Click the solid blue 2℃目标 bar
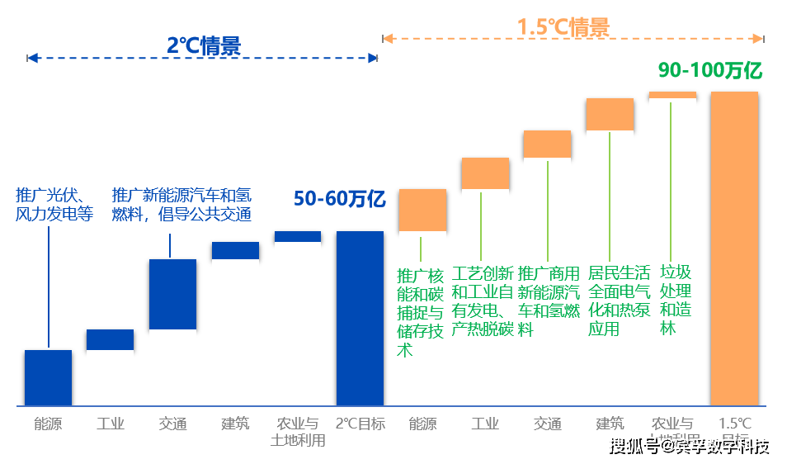pos(359,318)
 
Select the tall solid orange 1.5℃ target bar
pos(733,248)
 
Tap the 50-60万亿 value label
pos(339,199)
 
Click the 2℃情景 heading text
pos(203,46)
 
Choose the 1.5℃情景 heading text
pos(563,27)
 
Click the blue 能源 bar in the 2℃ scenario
pos(48,377)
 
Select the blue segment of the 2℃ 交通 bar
pos(172,295)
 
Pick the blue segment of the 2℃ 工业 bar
pos(111,339)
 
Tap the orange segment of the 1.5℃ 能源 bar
pos(422,210)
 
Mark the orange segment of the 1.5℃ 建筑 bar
pos(610,115)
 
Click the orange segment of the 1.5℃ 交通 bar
pos(546,144)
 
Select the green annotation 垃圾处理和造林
pos(676,300)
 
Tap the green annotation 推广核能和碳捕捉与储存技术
pos(420,311)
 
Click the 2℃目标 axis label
pos(360,424)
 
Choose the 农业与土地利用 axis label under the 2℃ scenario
pos(298,432)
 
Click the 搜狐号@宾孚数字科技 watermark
pos(688,446)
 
